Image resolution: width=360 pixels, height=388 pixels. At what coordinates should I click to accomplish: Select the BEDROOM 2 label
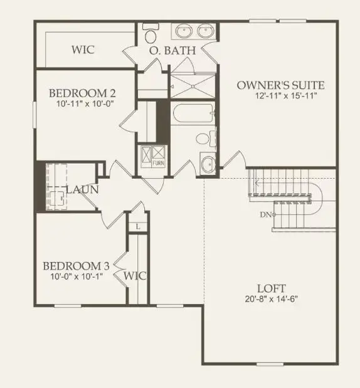[83, 93]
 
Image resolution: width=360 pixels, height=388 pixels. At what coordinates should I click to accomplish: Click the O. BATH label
[172, 51]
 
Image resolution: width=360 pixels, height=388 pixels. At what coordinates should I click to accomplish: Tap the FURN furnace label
[159, 164]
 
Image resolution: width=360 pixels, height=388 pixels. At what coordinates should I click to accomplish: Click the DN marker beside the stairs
[267, 215]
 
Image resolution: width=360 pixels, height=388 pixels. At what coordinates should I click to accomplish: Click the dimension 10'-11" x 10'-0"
[82, 104]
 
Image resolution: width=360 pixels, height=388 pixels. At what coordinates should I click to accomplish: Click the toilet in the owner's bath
[151, 31]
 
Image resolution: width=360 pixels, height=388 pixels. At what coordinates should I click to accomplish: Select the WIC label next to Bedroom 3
[135, 275]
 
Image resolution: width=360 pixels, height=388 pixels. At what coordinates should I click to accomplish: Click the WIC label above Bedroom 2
[83, 50]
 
